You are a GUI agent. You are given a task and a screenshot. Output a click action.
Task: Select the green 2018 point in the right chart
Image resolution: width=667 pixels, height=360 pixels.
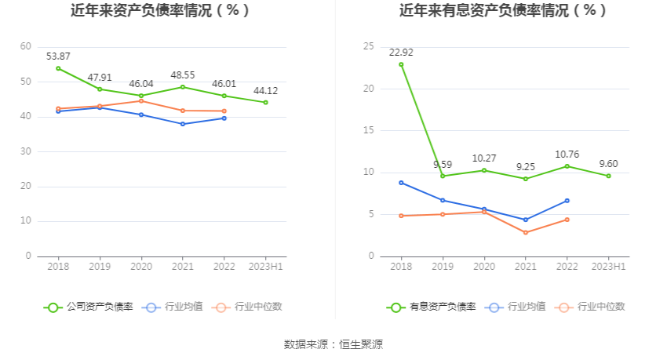401,64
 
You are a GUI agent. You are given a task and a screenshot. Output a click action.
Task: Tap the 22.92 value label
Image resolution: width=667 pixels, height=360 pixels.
401,53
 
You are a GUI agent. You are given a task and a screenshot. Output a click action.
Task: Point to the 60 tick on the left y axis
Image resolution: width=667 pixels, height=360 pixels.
26,47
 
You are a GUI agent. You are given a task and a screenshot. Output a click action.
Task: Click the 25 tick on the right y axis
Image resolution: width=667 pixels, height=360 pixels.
368,47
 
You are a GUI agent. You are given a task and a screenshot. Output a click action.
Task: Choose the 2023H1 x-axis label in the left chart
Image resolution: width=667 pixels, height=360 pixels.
265,267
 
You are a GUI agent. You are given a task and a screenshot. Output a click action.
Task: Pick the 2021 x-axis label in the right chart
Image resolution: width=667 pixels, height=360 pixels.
525,267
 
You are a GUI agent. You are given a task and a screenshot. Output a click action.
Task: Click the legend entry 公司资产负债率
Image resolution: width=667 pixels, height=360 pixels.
89,307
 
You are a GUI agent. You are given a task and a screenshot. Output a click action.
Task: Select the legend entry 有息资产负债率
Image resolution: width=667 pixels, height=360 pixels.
432,307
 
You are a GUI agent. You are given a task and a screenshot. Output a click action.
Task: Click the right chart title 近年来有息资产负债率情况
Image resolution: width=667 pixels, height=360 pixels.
503,11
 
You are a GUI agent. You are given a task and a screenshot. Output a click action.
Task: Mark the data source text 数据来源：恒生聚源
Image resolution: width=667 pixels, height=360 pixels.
333,344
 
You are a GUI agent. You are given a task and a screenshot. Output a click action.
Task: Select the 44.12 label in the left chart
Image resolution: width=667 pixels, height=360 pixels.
265,91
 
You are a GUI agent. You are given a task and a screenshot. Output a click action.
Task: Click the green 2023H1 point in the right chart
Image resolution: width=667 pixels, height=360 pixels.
608,176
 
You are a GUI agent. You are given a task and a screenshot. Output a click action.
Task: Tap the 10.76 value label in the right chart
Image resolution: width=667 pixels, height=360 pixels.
567,155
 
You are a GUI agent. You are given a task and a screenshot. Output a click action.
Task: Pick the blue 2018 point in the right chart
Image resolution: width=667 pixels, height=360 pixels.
401,183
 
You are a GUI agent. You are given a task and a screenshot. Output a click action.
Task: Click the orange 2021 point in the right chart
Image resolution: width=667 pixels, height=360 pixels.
525,232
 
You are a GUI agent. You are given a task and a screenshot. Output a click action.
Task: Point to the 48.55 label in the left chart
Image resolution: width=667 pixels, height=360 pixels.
183,75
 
